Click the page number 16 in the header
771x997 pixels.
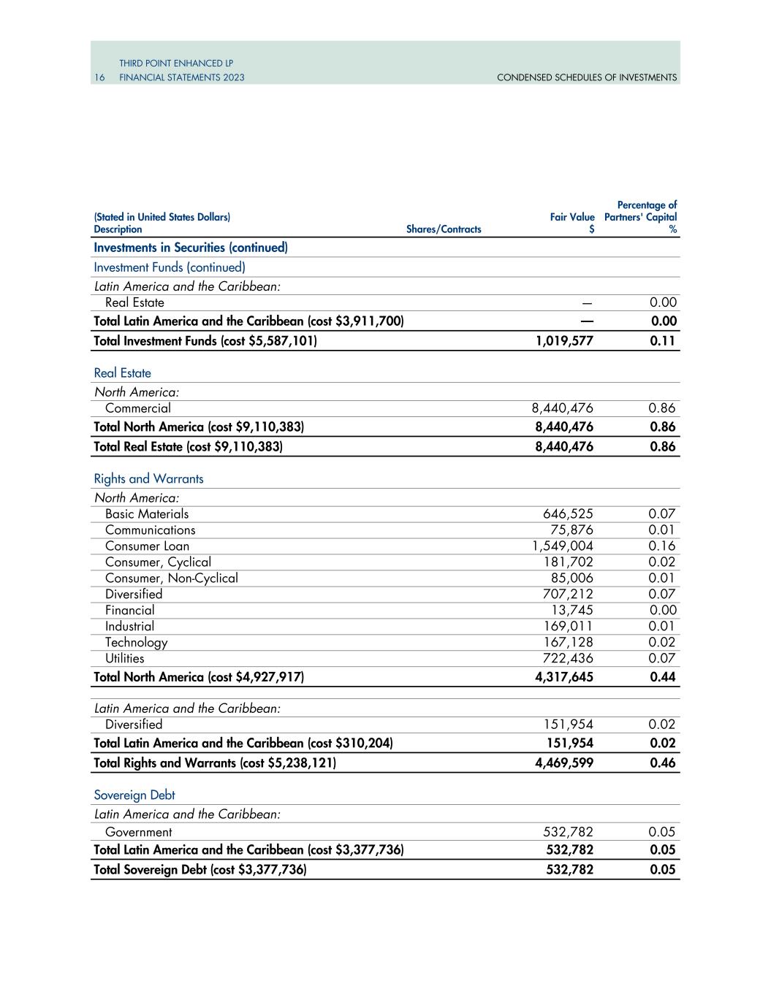click(x=99, y=77)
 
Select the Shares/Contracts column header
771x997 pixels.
click(x=444, y=229)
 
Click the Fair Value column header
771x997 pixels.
click(x=572, y=217)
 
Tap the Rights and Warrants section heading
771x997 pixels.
click(x=148, y=479)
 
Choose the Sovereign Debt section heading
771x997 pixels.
click(x=134, y=795)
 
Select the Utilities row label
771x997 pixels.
click(x=124, y=659)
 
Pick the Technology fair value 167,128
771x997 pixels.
click(x=568, y=643)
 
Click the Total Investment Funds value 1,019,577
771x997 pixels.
click(x=564, y=341)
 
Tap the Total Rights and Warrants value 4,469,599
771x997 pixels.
click(x=564, y=763)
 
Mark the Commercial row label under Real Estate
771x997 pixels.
click(x=137, y=408)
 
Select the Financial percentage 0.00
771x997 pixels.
click(x=663, y=611)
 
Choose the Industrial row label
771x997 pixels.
click(x=129, y=627)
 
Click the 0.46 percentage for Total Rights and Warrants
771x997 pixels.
click(x=663, y=763)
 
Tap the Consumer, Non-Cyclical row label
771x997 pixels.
click(x=171, y=578)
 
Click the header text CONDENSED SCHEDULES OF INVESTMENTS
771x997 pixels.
click(x=586, y=77)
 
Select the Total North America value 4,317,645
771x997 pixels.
click(x=564, y=677)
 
